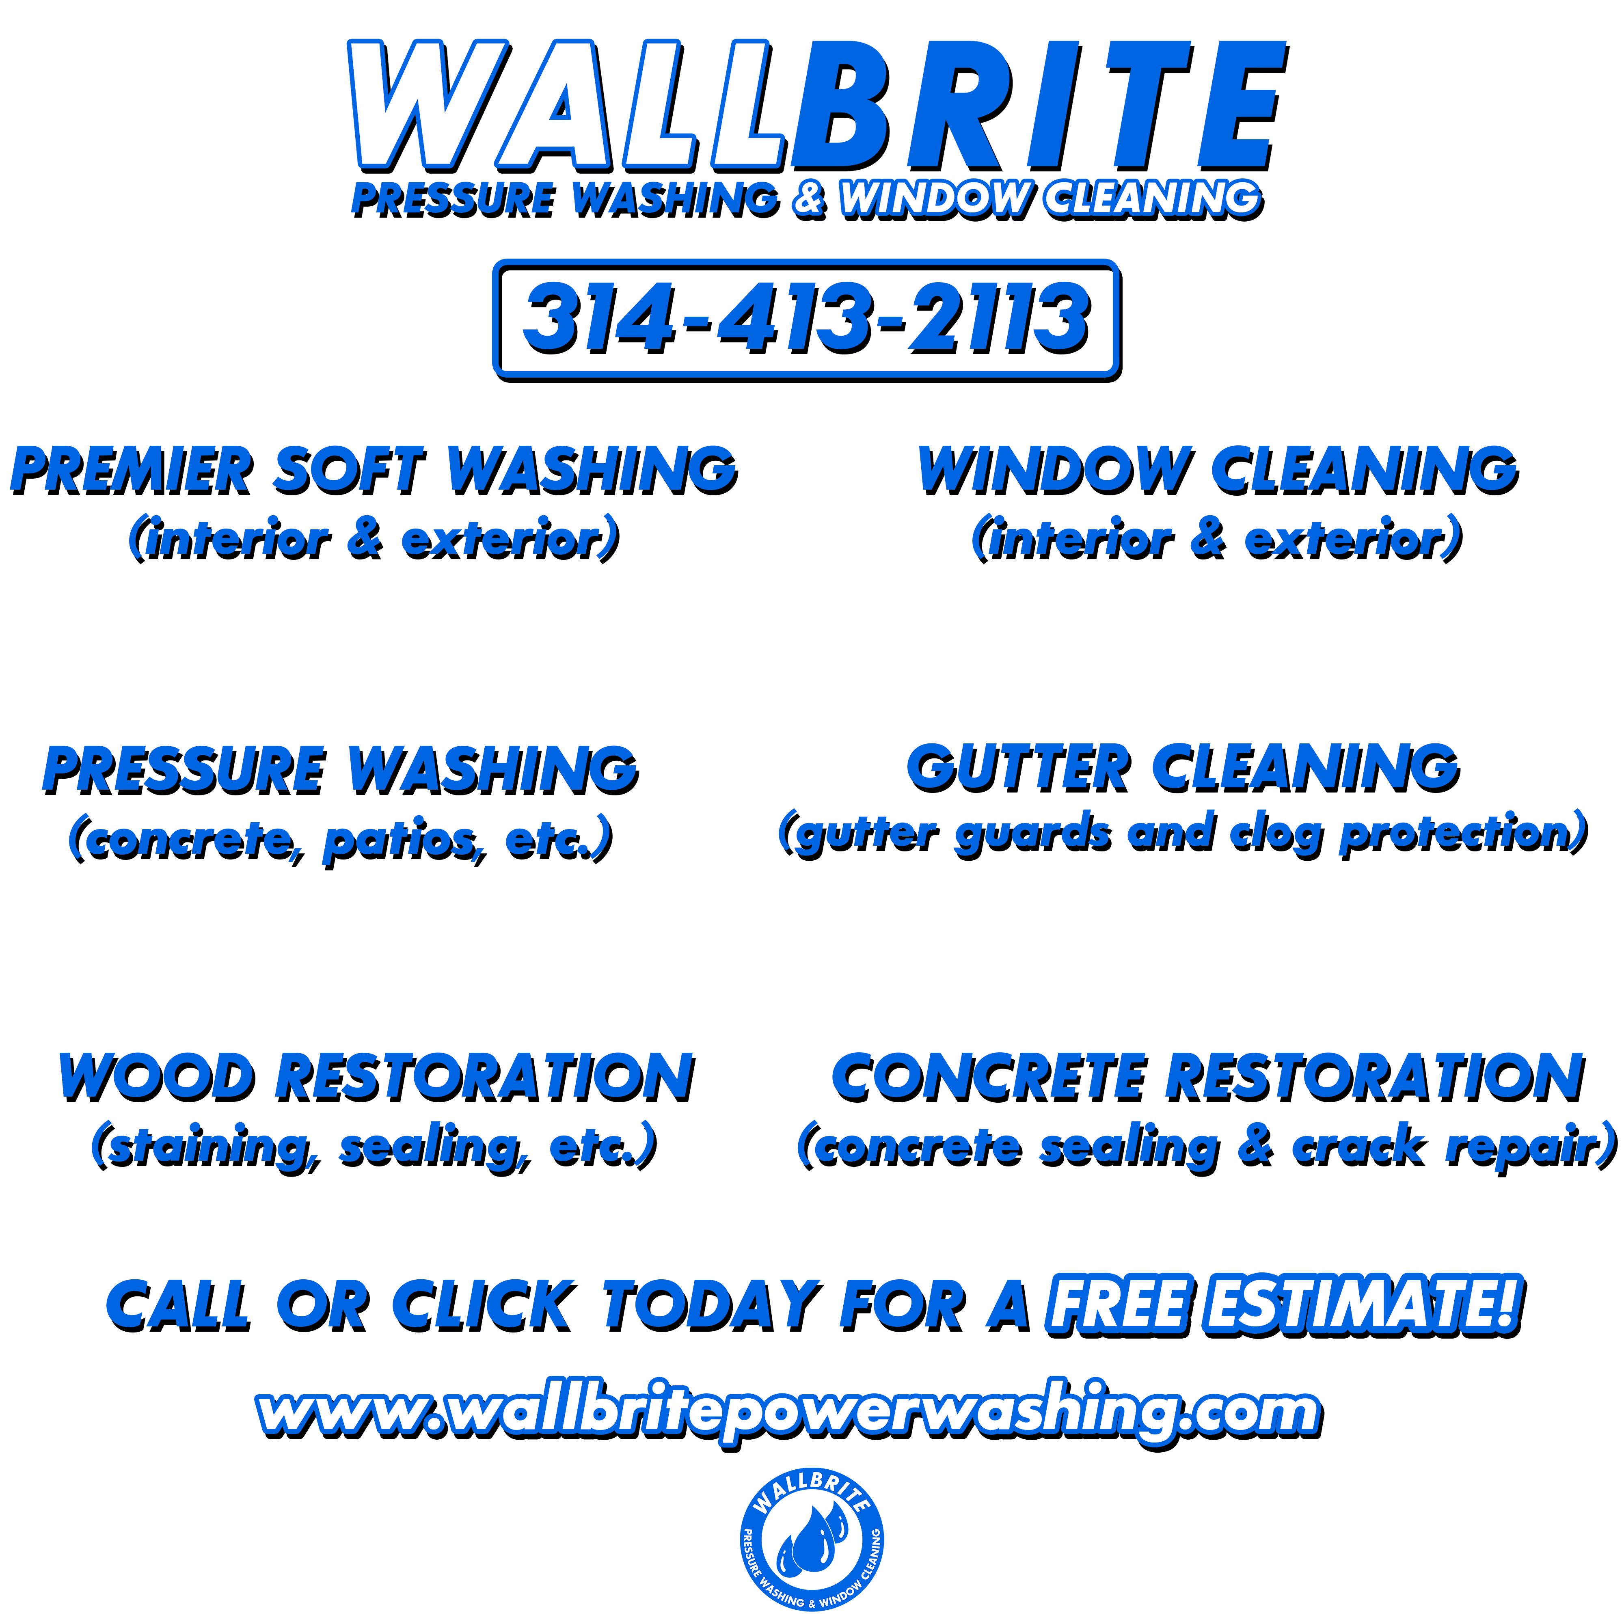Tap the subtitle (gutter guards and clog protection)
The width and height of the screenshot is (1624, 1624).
click(1183, 834)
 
